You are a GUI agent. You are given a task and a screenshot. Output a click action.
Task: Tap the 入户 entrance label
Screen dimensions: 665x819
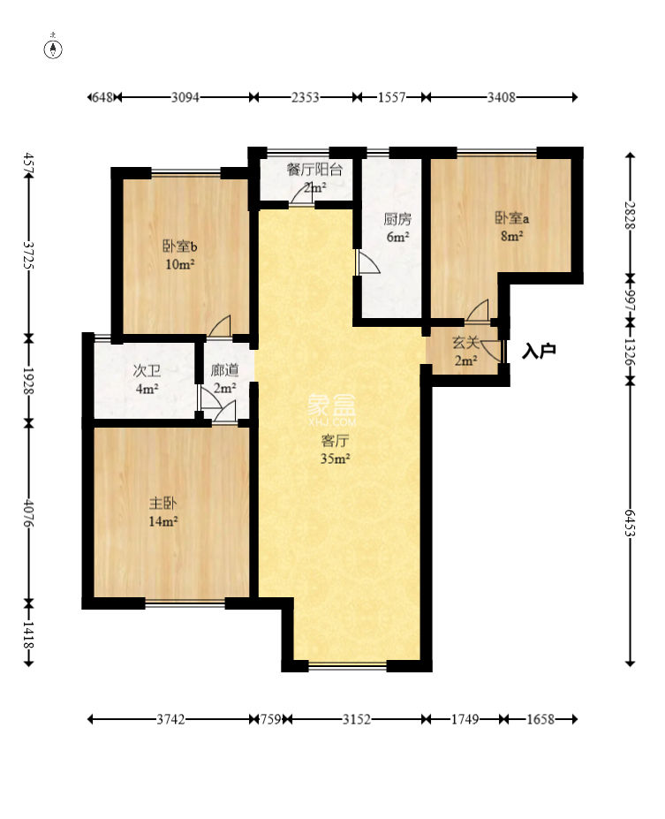pos(538,351)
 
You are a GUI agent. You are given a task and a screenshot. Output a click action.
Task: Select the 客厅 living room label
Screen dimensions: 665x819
pos(335,441)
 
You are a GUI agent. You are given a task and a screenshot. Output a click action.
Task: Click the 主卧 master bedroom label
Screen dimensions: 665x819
pos(163,504)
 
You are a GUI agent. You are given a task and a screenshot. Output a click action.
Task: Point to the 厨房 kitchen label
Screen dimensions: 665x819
pos(397,219)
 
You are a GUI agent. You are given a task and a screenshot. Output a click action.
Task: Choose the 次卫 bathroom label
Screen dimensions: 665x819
pos(147,371)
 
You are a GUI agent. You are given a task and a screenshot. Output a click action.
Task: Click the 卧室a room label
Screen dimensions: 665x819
pos(511,218)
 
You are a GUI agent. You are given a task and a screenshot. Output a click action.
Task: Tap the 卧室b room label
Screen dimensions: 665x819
pos(180,246)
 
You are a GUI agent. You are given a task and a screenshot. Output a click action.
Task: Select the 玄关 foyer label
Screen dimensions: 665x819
pos(465,343)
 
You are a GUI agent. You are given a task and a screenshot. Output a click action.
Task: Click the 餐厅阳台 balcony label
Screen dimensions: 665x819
pos(314,170)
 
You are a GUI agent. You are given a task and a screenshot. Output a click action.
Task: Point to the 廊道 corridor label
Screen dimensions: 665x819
pos(225,370)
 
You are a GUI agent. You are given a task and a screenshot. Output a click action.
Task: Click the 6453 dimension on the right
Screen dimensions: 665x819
pos(630,523)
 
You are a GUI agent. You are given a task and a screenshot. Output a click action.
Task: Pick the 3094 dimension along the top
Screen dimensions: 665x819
pos(185,97)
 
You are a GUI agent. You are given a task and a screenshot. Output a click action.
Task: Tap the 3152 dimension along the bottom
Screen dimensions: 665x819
pos(357,719)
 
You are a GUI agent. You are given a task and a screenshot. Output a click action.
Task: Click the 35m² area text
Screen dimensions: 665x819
pos(335,459)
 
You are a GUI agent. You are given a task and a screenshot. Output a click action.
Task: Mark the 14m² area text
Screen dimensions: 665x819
pos(163,521)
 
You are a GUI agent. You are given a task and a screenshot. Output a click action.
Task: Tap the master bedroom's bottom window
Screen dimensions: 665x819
pos(185,603)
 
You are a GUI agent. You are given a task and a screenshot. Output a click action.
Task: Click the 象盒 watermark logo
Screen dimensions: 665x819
pos(331,405)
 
